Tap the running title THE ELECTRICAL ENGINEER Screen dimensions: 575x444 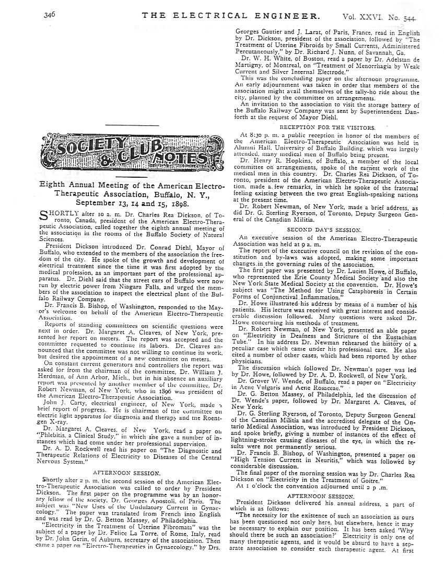click(x=231, y=17)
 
